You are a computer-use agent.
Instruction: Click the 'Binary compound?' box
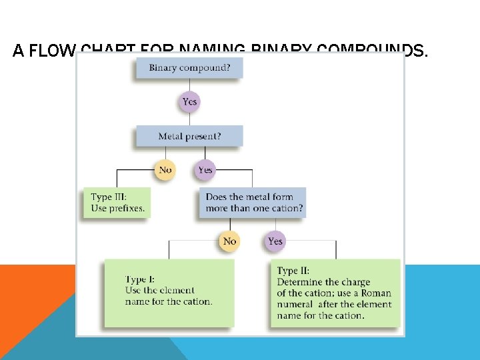click(189, 68)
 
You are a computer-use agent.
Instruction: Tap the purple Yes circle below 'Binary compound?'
click(190, 102)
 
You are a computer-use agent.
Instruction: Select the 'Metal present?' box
click(189, 137)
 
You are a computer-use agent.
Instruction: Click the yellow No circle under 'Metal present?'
click(165, 170)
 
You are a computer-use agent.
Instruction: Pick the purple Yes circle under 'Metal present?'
click(205, 170)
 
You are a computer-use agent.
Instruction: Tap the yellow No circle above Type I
click(230, 241)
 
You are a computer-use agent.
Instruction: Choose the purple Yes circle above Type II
click(275, 241)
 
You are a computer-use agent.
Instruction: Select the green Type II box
click(335, 293)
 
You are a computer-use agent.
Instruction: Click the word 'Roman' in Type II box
click(377, 293)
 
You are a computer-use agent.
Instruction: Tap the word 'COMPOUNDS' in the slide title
click(370, 51)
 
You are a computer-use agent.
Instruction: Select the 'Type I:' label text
click(140, 280)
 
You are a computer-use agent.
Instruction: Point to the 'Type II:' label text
click(293, 271)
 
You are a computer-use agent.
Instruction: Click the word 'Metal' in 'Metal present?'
click(171, 137)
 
